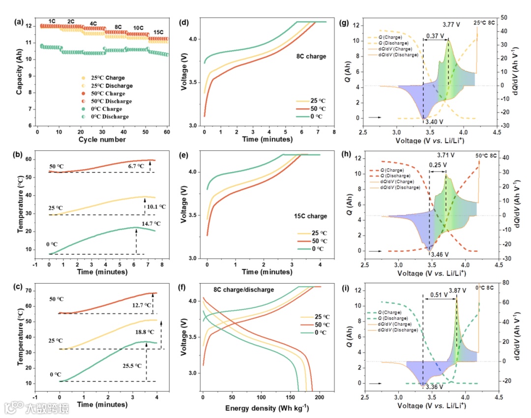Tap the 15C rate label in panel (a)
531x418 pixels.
click(x=158, y=32)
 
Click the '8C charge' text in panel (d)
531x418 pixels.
click(x=310, y=57)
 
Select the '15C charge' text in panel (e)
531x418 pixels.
click(x=311, y=216)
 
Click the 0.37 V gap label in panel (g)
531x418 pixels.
click(x=435, y=36)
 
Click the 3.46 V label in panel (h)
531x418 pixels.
click(x=440, y=255)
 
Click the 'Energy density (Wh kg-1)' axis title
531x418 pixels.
click(x=267, y=408)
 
